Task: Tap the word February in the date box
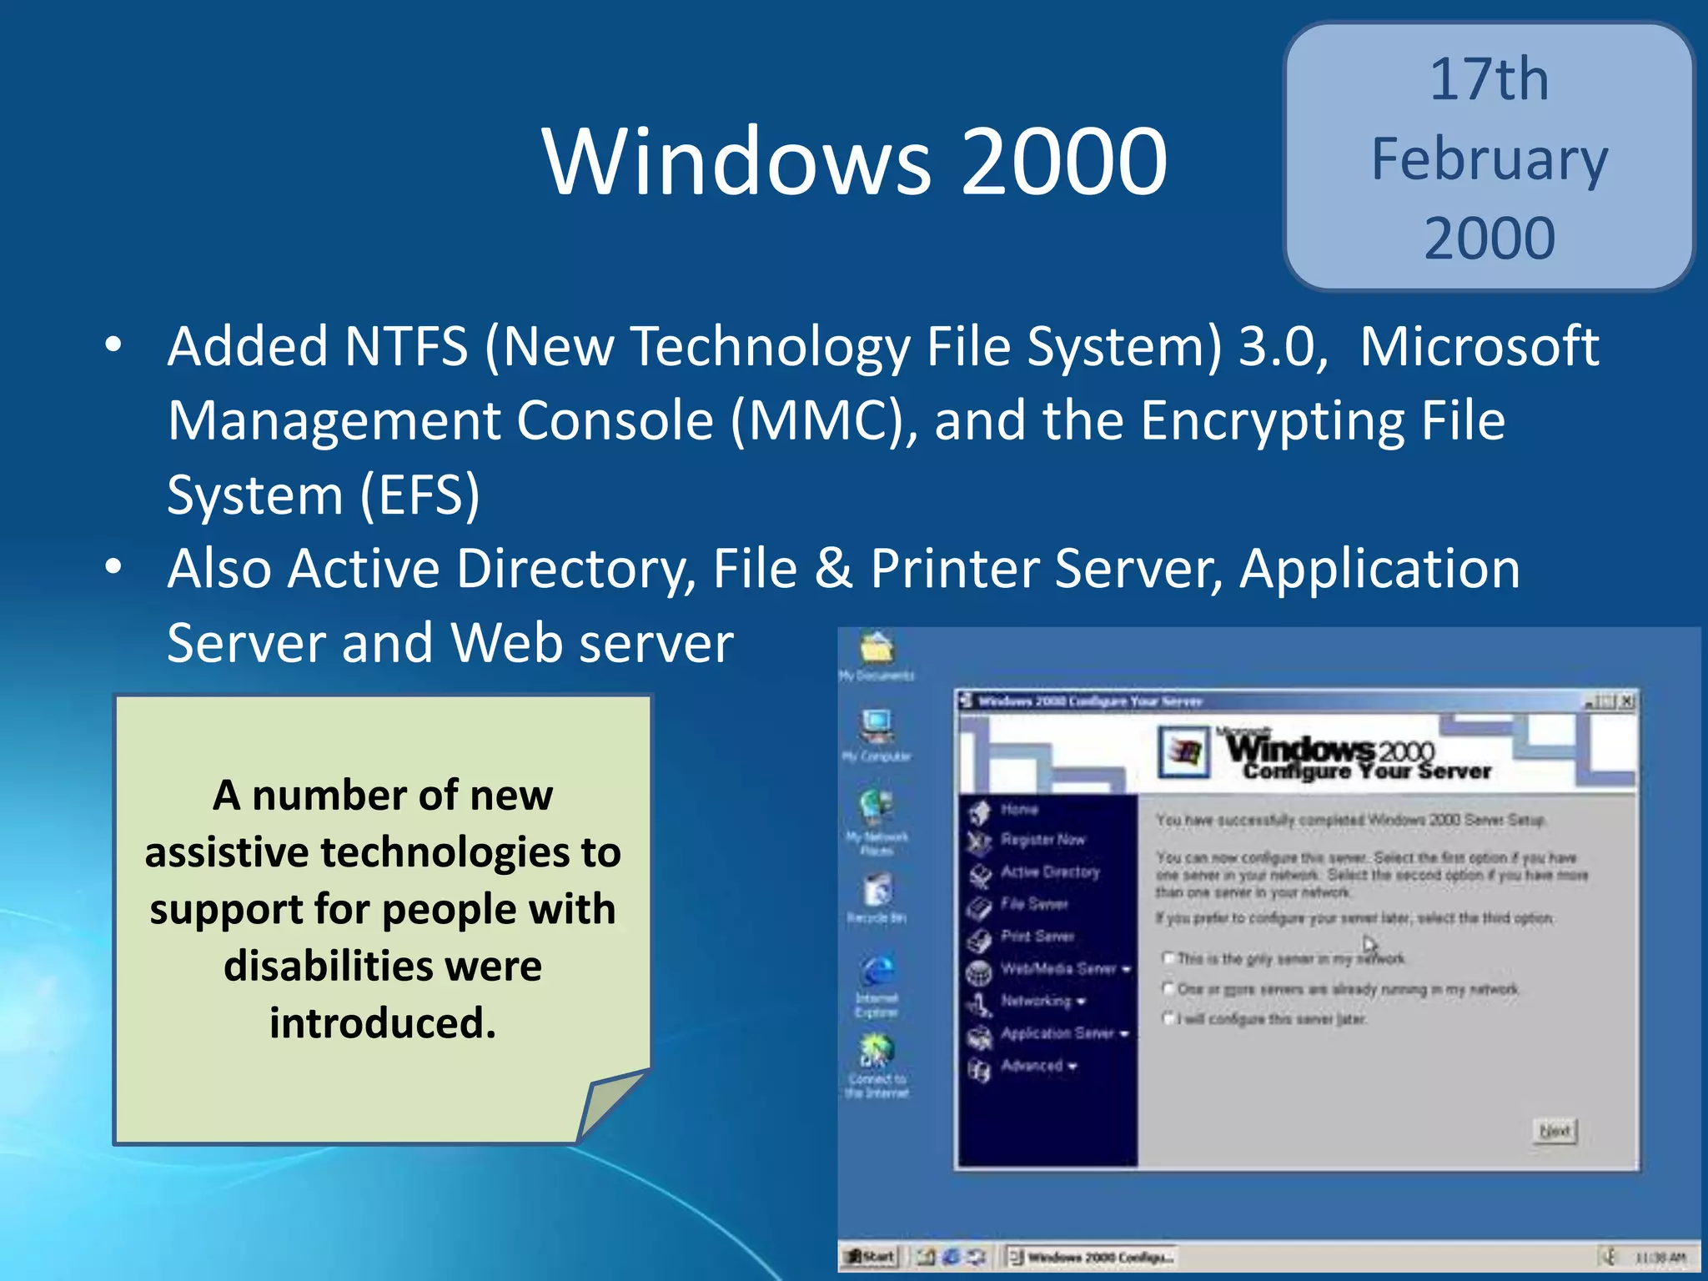[x=1489, y=159]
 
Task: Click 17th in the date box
[x=1489, y=80]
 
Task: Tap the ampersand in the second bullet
[x=833, y=569]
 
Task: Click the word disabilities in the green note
[x=383, y=966]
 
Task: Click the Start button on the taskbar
[x=871, y=1256]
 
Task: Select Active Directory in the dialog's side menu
[x=1050, y=872]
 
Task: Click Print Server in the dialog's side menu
[x=1037, y=936]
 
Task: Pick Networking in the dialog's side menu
[x=1037, y=1000]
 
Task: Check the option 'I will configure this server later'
[x=1169, y=1018]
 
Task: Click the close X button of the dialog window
[x=1627, y=701]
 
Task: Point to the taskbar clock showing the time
[x=1660, y=1257]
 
